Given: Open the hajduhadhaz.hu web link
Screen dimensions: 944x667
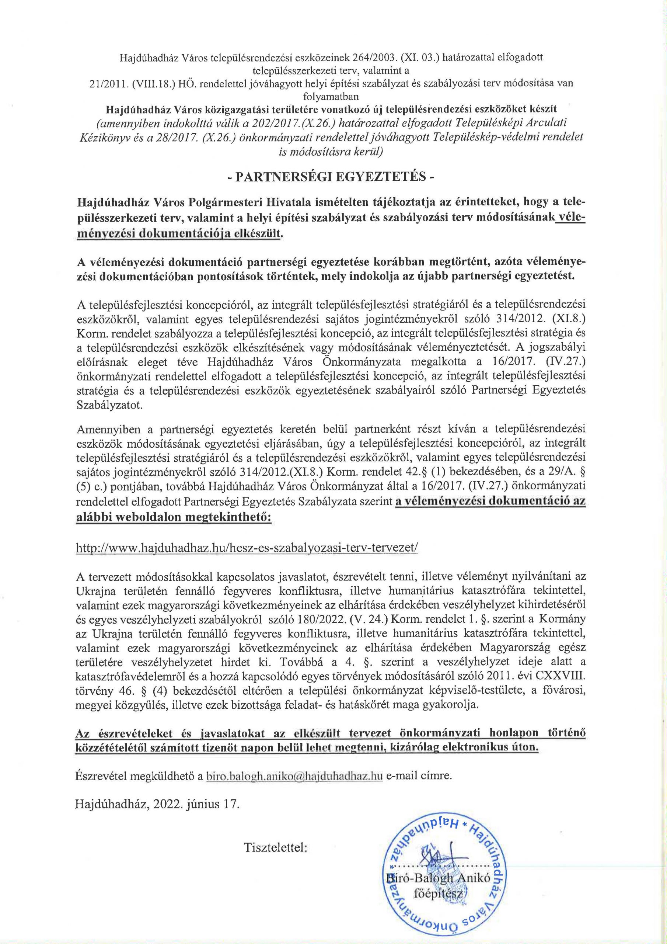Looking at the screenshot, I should [x=247, y=548].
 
